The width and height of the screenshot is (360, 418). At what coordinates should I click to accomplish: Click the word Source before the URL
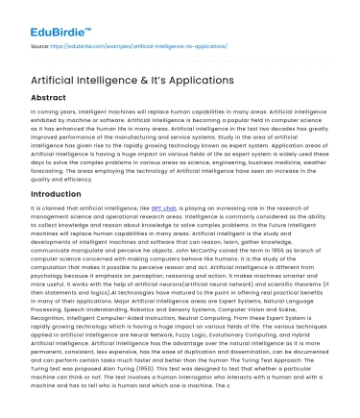tap(42, 45)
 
